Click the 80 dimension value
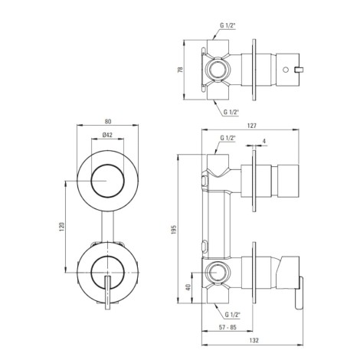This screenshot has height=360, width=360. (x=108, y=122)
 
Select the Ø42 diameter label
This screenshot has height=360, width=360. (x=107, y=135)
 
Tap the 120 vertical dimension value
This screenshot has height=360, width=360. (x=61, y=227)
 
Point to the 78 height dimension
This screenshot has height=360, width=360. (x=180, y=70)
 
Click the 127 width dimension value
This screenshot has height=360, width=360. (x=251, y=126)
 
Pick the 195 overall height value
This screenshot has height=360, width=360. (x=173, y=230)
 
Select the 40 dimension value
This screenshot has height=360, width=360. (x=188, y=287)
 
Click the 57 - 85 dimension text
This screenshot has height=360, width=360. (x=227, y=327)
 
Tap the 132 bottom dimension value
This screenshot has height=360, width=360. (x=254, y=340)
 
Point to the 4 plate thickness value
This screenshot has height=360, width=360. (x=264, y=141)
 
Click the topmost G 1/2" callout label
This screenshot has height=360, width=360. (x=227, y=25)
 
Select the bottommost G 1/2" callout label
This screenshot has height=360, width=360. (x=233, y=315)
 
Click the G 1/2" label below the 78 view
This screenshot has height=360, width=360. (x=231, y=112)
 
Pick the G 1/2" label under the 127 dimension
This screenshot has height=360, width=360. (x=227, y=138)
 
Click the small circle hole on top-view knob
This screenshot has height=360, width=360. (x=286, y=69)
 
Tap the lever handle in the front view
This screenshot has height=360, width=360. (x=108, y=293)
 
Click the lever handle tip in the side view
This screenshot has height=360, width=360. (x=299, y=308)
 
